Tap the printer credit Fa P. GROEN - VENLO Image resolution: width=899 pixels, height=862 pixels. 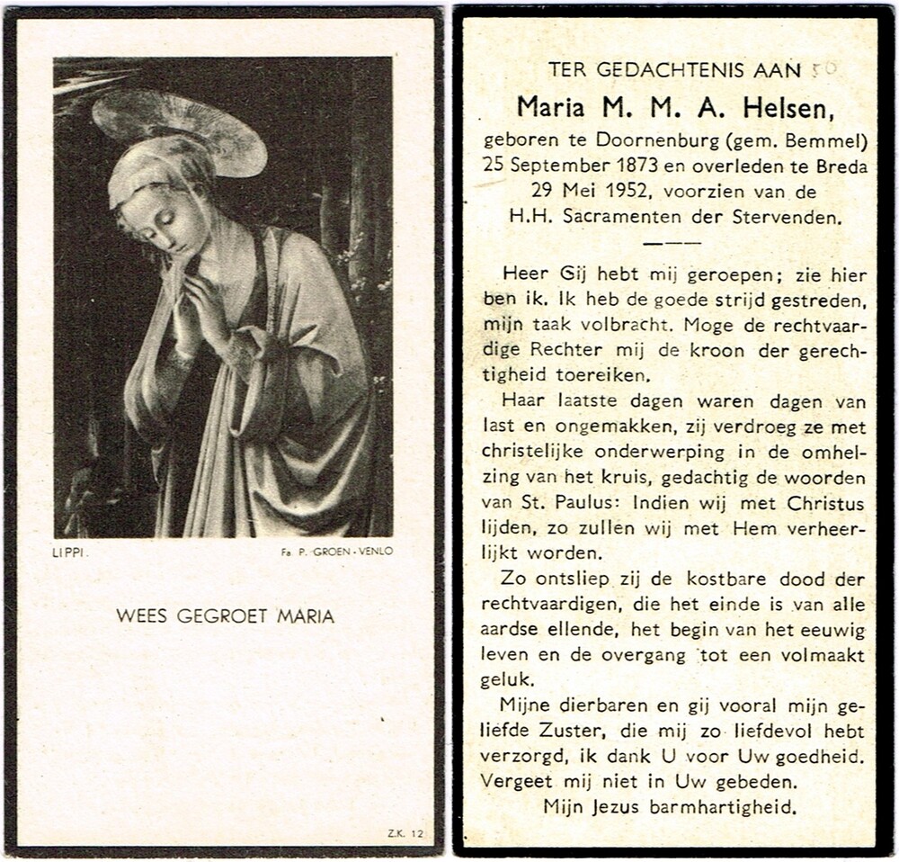336,555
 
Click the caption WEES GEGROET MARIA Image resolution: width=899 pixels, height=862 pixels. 225,616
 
